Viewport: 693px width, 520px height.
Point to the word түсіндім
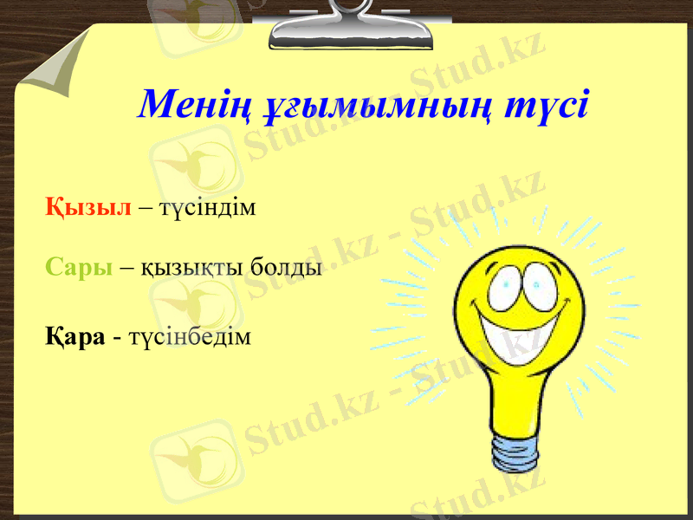point(207,210)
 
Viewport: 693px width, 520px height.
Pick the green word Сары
point(79,267)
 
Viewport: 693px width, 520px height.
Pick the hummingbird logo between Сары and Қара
point(186,303)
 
